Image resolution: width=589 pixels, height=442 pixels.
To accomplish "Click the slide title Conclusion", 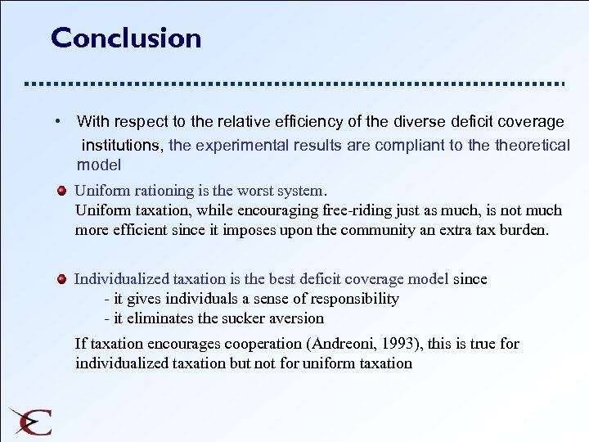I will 126,38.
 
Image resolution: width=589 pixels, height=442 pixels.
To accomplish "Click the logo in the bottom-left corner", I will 31,421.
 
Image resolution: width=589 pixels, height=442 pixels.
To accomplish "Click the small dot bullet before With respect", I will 59,121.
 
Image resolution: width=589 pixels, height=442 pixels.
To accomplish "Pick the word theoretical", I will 525,146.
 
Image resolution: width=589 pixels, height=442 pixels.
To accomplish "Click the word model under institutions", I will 98,165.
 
